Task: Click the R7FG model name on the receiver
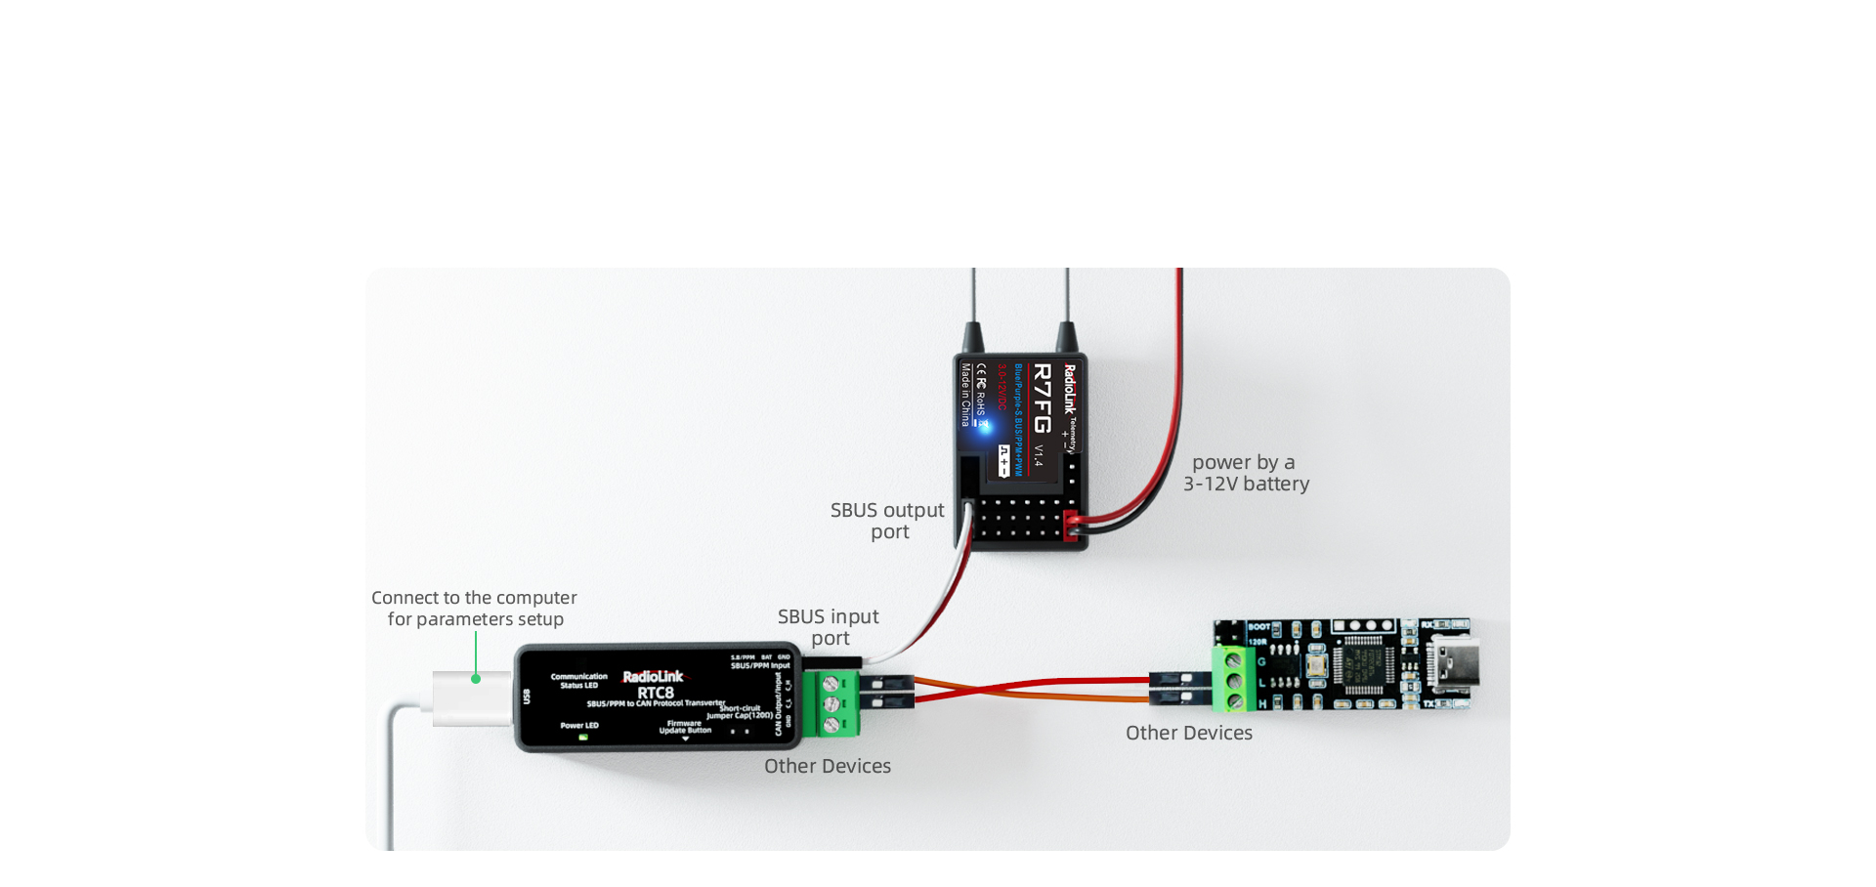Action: (1042, 398)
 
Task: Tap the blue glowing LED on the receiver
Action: (984, 426)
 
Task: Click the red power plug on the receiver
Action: (1071, 525)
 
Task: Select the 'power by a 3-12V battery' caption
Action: (1246, 473)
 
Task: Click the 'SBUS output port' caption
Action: (887, 521)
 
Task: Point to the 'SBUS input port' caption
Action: (829, 627)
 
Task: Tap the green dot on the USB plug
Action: (476, 678)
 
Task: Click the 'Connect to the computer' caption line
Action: (474, 598)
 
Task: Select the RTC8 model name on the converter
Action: (656, 694)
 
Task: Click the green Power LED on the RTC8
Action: (583, 738)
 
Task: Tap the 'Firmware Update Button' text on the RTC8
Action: (684, 727)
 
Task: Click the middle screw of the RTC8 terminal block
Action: (831, 704)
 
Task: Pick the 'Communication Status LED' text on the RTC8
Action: (579, 680)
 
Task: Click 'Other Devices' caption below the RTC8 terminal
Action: (828, 766)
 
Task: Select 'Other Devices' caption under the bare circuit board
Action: (1189, 733)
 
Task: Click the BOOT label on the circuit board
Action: (1258, 627)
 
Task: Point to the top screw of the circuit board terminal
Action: (1233, 661)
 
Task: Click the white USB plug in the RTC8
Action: (472, 697)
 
